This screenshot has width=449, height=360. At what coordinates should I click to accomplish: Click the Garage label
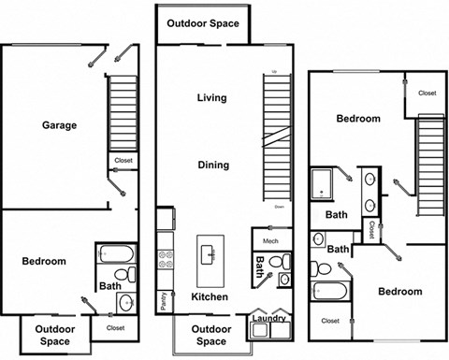point(58,125)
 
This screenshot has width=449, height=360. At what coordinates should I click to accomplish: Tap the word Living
point(212,97)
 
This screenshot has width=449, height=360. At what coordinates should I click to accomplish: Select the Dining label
point(213,165)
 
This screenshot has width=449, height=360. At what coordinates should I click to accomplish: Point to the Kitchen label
point(210,296)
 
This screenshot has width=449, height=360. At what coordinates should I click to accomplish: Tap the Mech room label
point(271,241)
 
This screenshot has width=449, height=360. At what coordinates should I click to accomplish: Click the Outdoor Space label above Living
point(202,23)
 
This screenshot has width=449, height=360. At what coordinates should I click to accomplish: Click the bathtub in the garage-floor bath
point(117,253)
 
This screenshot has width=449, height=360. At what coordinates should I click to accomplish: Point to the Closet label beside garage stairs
point(123,160)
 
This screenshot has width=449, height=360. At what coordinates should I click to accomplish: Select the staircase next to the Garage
point(123,112)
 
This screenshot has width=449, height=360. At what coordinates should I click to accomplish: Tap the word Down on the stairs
point(279,207)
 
